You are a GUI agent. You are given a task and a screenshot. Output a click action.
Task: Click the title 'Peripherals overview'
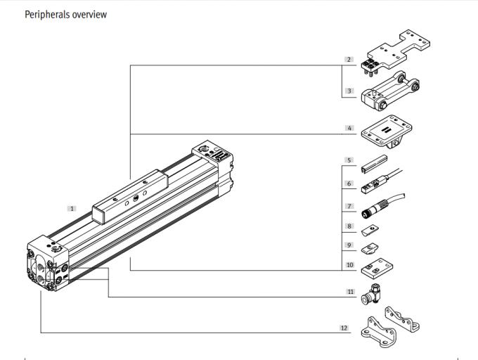pos(65,14)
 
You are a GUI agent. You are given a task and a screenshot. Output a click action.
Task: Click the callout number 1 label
pos(72,208)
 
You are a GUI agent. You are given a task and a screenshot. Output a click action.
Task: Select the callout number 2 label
pos(349,59)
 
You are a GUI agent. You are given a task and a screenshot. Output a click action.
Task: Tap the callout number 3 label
pos(349,91)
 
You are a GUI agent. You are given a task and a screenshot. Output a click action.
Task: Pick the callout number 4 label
pos(349,129)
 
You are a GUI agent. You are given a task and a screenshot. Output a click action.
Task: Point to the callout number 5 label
pos(349,161)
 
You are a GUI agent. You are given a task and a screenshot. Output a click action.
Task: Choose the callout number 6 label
pos(349,184)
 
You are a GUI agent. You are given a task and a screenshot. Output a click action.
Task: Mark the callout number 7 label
pos(349,207)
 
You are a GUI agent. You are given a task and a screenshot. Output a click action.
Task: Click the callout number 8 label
pos(349,226)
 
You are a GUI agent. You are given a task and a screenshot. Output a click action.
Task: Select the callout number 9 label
pos(349,245)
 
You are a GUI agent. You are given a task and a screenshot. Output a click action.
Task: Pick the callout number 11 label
pos(349,290)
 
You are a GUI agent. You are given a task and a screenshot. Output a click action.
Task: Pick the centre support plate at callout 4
pos(385,131)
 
